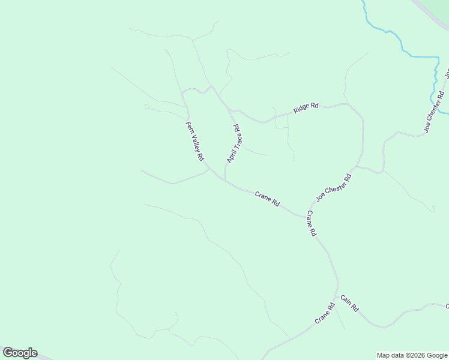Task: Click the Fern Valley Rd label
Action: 194,141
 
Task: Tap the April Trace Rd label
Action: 234,144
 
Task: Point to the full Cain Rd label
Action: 349,303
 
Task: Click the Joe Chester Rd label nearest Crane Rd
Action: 333,188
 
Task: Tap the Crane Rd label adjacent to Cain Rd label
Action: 324,314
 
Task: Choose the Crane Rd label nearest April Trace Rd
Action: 267,199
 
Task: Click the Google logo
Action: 20,353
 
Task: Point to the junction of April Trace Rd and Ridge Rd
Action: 232,110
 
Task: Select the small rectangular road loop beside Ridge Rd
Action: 281,121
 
